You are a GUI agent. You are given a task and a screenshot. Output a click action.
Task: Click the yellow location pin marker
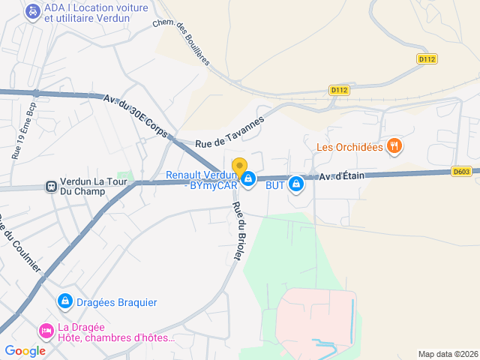click(x=239, y=167)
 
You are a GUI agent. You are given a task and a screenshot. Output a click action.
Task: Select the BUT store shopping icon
click(x=296, y=183)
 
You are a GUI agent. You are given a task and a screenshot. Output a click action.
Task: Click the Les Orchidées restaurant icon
click(x=394, y=146)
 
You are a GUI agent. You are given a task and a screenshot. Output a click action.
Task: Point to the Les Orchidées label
click(x=349, y=147)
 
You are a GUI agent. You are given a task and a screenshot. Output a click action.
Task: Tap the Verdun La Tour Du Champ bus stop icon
click(x=50, y=186)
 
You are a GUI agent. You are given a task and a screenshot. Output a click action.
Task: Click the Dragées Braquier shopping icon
click(x=65, y=301)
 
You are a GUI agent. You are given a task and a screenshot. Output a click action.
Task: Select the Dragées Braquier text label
click(x=118, y=302)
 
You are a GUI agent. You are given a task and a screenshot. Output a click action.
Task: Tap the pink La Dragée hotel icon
click(x=46, y=330)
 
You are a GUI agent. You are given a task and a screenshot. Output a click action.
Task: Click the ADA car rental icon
click(x=32, y=12)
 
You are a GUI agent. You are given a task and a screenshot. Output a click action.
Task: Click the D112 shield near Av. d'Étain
click(x=339, y=90)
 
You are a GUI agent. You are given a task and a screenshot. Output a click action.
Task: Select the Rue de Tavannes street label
click(x=230, y=131)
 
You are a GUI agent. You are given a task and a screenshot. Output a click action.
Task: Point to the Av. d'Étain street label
click(x=341, y=176)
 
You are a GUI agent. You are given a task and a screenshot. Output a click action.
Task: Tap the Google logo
click(x=25, y=350)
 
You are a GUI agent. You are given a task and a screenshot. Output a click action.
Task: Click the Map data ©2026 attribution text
click(x=447, y=354)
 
